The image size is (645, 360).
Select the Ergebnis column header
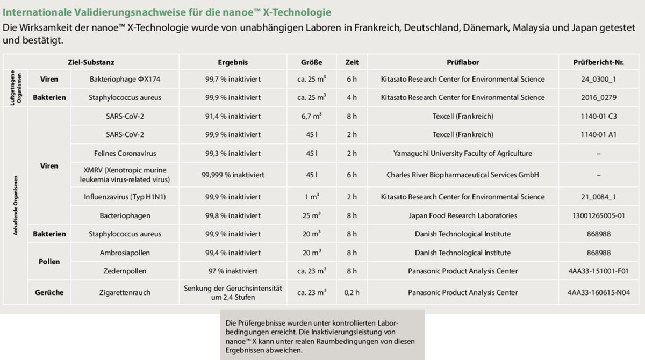pyautogui.click(x=233, y=62)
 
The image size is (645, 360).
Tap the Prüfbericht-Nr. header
pyautogui.click(x=598, y=62)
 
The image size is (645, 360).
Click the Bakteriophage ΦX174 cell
pyautogui.click(x=125, y=79)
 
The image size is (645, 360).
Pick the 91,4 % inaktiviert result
pyautogui.click(x=233, y=116)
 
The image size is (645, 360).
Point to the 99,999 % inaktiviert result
pyautogui.click(x=233, y=175)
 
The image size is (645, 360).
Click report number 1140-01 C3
pyautogui.click(x=598, y=116)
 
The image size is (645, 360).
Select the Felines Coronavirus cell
pyautogui.click(x=125, y=153)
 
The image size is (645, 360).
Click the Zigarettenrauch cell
pyautogui.click(x=125, y=293)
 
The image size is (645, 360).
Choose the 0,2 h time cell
pyautogui.click(x=352, y=293)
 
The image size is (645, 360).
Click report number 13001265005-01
pyautogui.click(x=598, y=215)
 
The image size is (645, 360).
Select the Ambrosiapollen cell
pyautogui.click(x=125, y=253)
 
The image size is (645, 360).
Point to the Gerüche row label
pyautogui.click(x=49, y=293)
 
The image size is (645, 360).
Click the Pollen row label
pyautogui.click(x=49, y=262)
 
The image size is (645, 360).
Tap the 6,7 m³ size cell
pyautogui.click(x=312, y=116)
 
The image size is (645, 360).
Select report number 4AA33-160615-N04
pyautogui.click(x=598, y=293)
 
